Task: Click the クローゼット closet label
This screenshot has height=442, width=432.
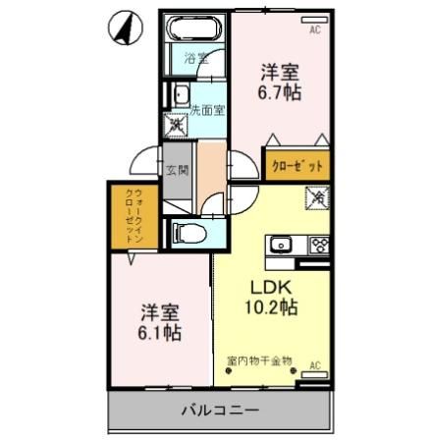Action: [x=297, y=167]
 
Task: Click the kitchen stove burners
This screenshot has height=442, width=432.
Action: [x=318, y=245]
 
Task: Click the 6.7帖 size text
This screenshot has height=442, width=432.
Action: [x=280, y=93]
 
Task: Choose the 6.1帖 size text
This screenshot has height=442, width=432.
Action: [x=158, y=332]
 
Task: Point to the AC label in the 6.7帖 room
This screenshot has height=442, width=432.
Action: [x=315, y=29]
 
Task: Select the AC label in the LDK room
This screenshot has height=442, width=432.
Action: [x=315, y=365]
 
